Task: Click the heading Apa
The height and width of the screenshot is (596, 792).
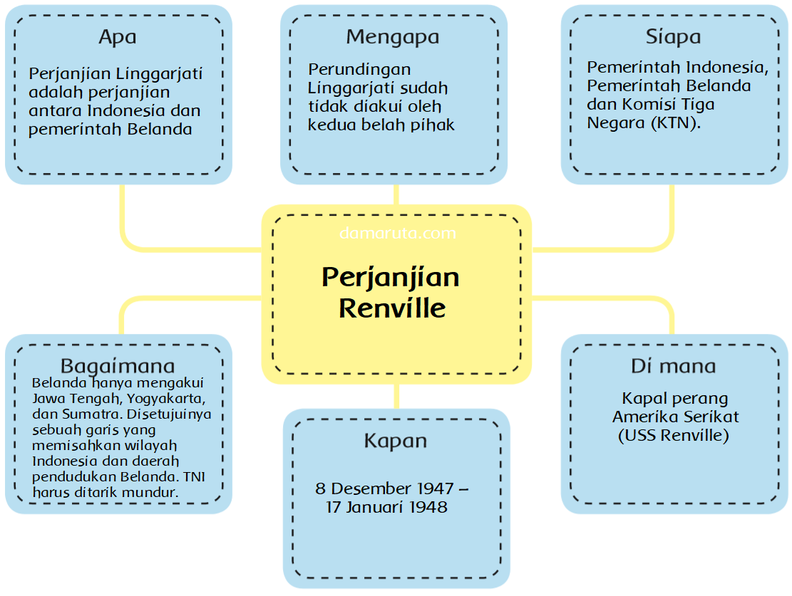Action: (118, 37)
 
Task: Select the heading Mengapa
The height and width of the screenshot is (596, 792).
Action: (393, 37)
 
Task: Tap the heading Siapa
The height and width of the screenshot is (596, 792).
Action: (673, 37)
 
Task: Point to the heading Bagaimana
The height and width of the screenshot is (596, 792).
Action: (118, 366)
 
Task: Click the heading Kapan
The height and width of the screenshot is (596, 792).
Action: (396, 441)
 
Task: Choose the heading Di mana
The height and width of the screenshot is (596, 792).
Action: (673, 366)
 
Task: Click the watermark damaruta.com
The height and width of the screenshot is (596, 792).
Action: (398, 233)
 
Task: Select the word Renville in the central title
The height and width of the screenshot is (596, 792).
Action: (392, 308)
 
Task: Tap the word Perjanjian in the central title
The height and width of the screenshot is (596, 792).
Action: (391, 277)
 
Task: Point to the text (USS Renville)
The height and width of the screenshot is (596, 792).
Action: (673, 435)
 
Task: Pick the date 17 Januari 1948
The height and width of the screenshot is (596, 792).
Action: (387, 507)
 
